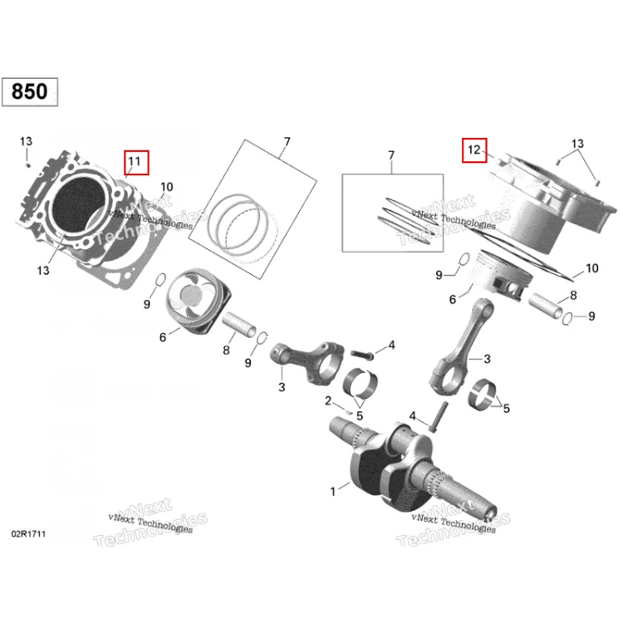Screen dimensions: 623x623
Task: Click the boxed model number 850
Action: pyautogui.click(x=29, y=91)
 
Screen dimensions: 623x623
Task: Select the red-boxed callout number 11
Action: pyautogui.click(x=136, y=162)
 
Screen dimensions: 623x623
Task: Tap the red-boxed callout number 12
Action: pyautogui.click(x=474, y=150)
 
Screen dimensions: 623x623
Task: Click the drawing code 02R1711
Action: pyautogui.click(x=28, y=533)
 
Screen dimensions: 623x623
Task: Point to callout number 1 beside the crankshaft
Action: pyautogui.click(x=333, y=492)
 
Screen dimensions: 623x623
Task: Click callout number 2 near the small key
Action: pyautogui.click(x=328, y=401)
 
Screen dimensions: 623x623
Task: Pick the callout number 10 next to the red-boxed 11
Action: pyautogui.click(x=166, y=187)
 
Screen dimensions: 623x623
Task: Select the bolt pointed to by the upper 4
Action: pyautogui.click(x=362, y=355)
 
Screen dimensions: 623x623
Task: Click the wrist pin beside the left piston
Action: pyautogui.click(x=239, y=325)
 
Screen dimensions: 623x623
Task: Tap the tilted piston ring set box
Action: pyautogui.click(x=253, y=209)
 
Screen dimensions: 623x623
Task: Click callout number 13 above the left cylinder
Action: pyautogui.click(x=27, y=141)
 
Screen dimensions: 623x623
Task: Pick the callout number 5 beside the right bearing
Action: pyautogui.click(x=506, y=409)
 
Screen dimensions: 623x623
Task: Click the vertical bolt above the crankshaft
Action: pyautogui.click(x=439, y=417)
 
